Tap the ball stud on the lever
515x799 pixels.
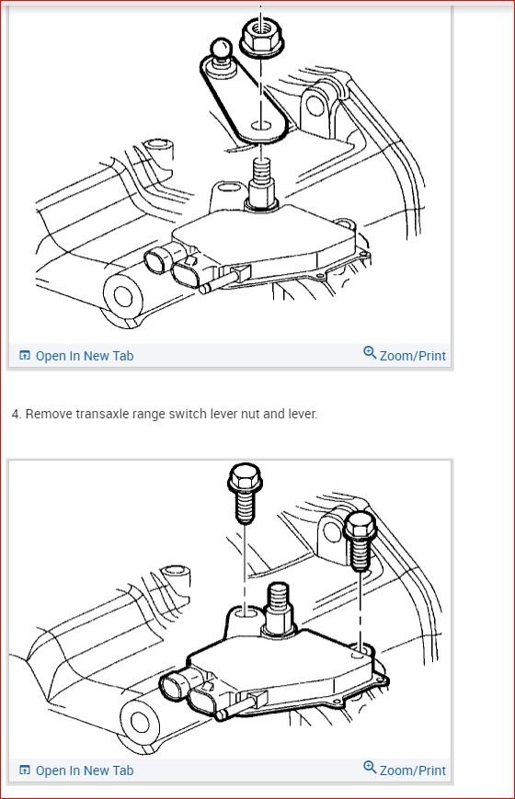click(x=221, y=51)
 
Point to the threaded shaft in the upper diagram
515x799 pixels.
click(x=260, y=179)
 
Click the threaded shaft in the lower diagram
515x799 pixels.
click(x=278, y=605)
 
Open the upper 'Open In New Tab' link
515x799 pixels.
click(x=84, y=356)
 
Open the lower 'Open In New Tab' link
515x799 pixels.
click(x=84, y=770)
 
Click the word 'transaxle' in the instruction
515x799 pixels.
click(x=96, y=415)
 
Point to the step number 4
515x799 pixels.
click(x=16, y=415)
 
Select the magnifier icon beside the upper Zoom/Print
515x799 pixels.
click(x=370, y=354)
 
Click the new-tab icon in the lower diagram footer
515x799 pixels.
click(x=25, y=770)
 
